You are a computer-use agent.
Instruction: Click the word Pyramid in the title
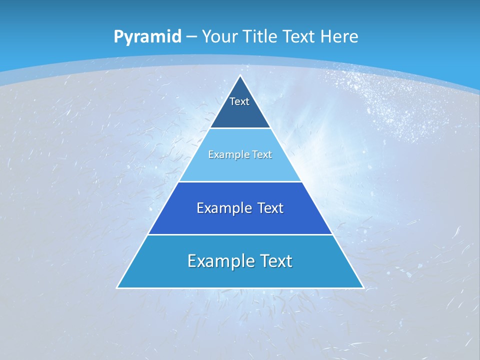coord(147,37)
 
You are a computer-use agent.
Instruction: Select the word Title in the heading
coord(260,36)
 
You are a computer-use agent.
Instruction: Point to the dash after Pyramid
coord(191,37)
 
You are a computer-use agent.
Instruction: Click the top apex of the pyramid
coord(240,76)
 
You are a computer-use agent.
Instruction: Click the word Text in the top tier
coord(239,101)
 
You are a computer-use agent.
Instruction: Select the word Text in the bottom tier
coord(275,261)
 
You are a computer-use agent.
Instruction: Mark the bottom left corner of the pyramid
coord(117,287)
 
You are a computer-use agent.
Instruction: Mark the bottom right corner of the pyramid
coord(363,287)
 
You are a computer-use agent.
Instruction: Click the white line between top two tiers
coord(240,128)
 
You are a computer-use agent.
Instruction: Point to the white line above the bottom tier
coord(240,234)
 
